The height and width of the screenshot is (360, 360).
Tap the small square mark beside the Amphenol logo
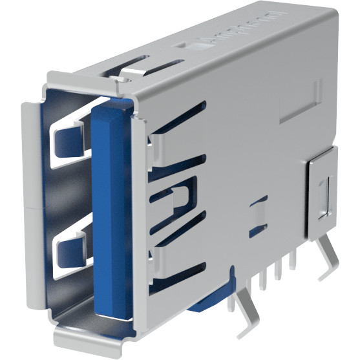pos(182,46)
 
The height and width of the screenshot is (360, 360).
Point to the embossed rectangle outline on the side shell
pos(301,101)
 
